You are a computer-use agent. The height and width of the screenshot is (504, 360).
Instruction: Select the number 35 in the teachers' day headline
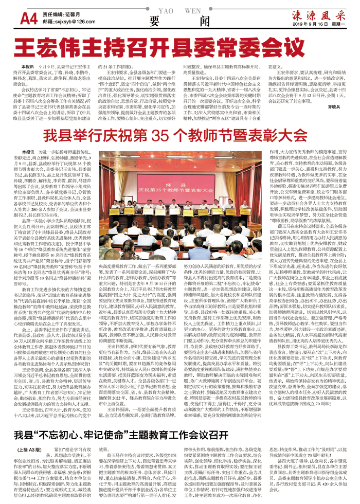pos(167,136)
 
